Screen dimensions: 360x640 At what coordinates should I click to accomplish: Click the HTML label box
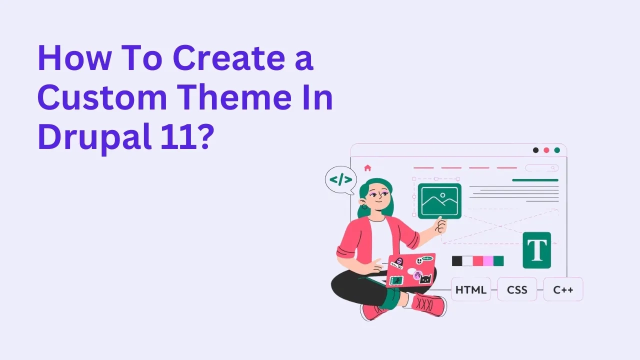click(x=470, y=289)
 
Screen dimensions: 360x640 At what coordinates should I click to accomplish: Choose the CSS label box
click(x=517, y=289)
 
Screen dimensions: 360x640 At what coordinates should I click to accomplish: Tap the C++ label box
click(x=563, y=289)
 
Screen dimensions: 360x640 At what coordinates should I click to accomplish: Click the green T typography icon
click(x=536, y=250)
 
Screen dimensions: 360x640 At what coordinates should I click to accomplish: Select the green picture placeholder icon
click(x=439, y=201)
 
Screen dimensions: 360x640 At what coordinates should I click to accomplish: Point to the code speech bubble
click(x=341, y=180)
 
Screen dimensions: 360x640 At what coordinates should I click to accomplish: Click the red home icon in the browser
click(x=367, y=168)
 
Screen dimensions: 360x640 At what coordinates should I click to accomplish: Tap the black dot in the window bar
click(x=535, y=150)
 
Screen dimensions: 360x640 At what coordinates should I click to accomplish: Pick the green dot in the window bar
click(x=557, y=150)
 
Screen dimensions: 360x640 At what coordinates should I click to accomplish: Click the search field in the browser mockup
click(x=541, y=168)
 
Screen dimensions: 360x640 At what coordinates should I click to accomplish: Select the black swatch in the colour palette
click(x=457, y=261)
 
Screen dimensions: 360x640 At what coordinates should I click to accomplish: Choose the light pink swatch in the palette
click(x=488, y=261)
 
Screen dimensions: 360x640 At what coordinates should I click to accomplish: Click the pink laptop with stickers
click(x=411, y=270)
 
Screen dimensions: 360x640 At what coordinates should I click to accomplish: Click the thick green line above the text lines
click(x=535, y=180)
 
